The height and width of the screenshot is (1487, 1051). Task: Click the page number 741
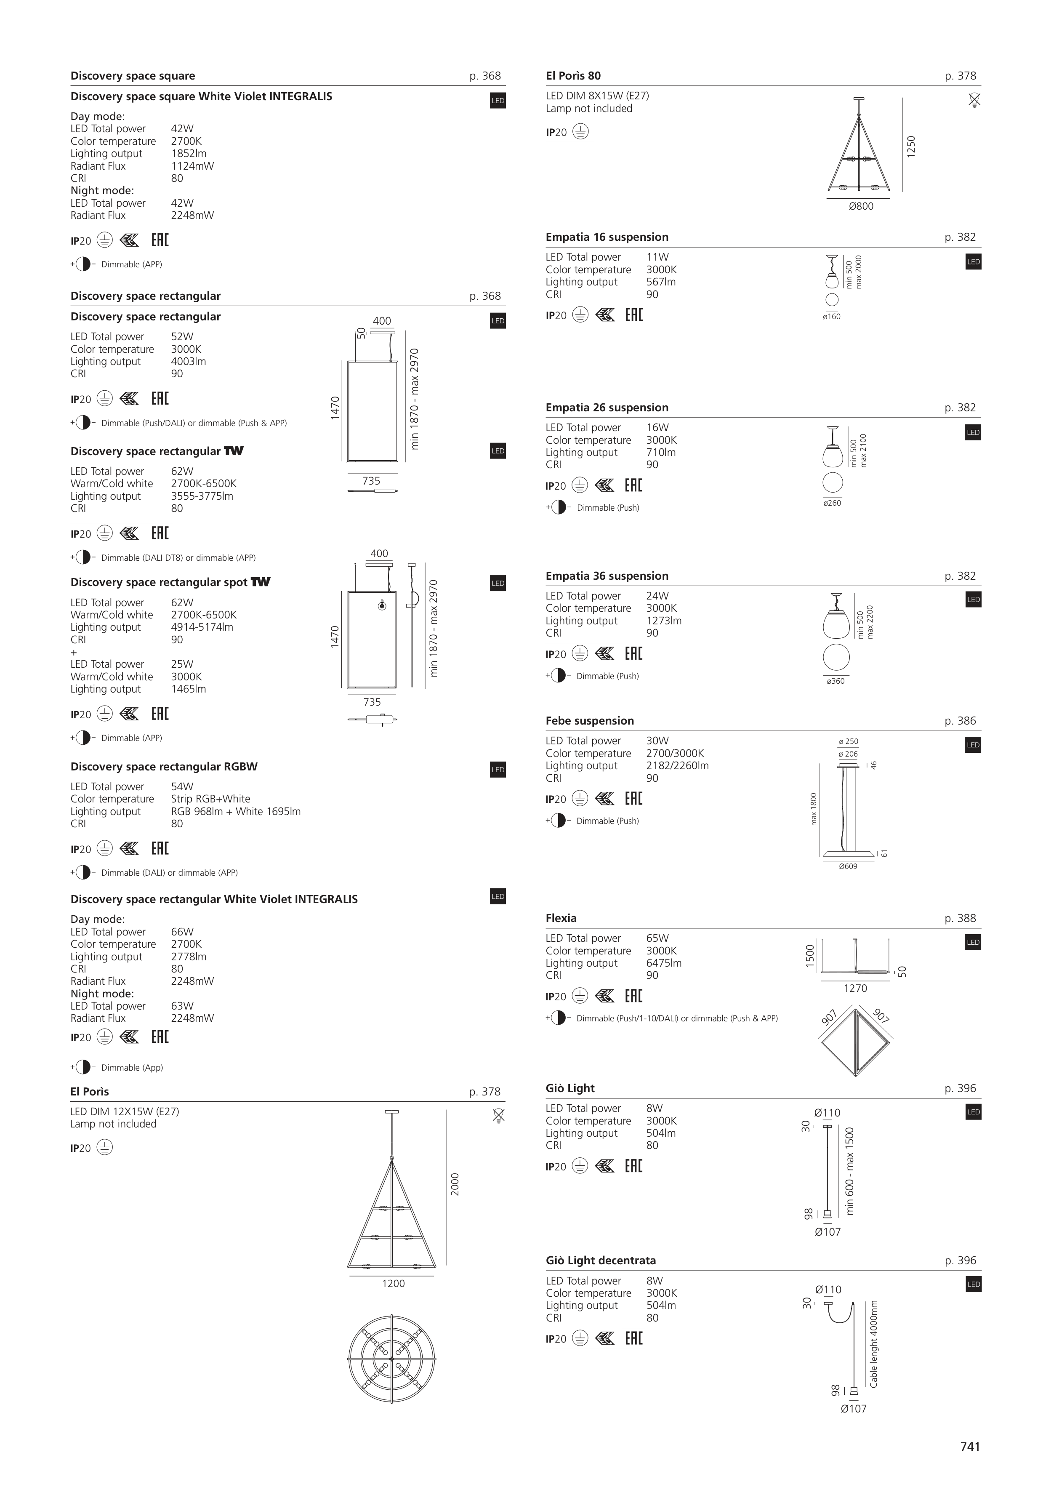(x=969, y=1446)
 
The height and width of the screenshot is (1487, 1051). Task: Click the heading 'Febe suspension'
(x=589, y=721)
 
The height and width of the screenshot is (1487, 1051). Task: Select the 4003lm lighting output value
(x=189, y=361)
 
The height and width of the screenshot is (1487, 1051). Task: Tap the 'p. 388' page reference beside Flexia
(x=960, y=918)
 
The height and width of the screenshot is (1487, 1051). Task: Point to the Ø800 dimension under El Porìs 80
(x=861, y=207)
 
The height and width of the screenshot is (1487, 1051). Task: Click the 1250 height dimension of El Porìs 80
(x=911, y=147)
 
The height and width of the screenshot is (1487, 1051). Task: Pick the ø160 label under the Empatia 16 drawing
(x=831, y=317)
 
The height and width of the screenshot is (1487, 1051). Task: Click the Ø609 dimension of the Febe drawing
(x=848, y=866)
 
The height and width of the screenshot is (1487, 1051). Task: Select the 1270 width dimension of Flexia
(x=855, y=988)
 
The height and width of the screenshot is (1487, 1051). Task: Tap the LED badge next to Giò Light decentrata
(x=973, y=1284)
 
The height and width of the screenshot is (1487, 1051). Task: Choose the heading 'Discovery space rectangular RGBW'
(x=164, y=767)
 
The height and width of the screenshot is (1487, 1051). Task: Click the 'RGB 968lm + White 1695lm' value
(x=236, y=812)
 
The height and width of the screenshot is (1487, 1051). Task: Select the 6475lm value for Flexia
(x=664, y=963)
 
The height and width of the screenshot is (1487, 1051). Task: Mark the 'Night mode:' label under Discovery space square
(x=102, y=190)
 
